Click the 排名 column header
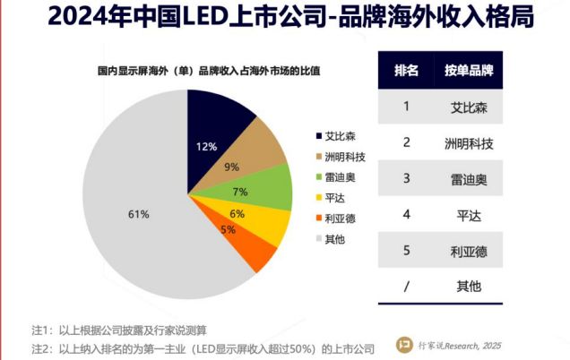click(x=407, y=71)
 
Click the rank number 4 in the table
click(x=406, y=214)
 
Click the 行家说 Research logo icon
click(x=405, y=343)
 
